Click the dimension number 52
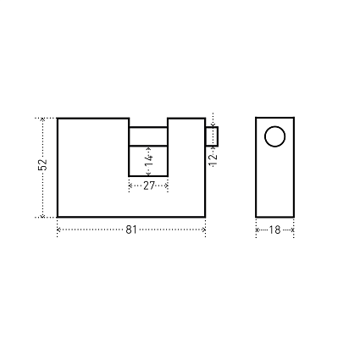click(x=42, y=165)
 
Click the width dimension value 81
click(x=131, y=230)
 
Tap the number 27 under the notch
click(x=149, y=186)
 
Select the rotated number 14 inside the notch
click(x=149, y=161)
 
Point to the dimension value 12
click(x=213, y=160)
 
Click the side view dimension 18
click(x=274, y=230)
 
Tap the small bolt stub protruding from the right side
click(x=212, y=136)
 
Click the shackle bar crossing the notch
click(x=148, y=136)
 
